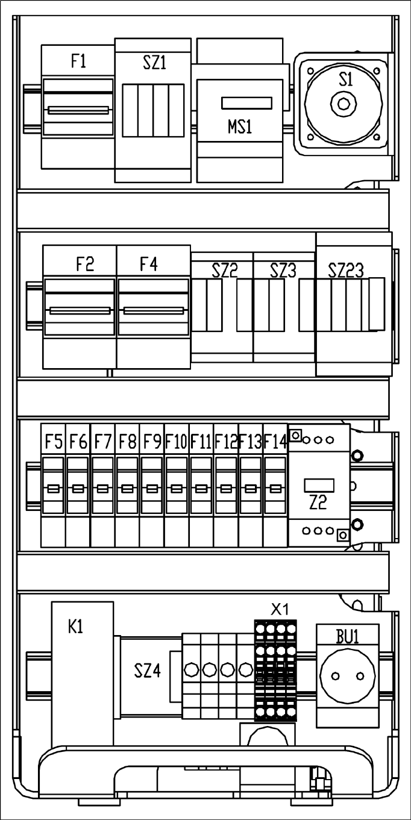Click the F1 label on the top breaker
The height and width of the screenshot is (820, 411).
(78, 61)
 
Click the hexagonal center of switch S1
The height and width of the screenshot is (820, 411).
(344, 105)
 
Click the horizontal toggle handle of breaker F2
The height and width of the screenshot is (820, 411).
(80, 311)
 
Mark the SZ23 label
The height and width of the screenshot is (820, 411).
(346, 271)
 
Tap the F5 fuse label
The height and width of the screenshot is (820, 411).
(54, 442)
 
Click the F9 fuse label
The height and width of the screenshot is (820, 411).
(152, 442)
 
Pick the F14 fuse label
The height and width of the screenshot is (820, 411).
(275, 442)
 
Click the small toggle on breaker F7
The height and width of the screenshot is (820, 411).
(102, 488)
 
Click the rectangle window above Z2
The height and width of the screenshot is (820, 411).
(318, 484)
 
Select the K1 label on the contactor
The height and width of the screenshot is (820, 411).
(76, 627)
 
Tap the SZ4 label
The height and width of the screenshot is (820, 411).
(148, 670)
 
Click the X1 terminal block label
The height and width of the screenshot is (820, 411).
(280, 609)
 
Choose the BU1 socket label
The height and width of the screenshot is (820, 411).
(347, 637)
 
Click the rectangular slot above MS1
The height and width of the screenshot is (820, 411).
(246, 104)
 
